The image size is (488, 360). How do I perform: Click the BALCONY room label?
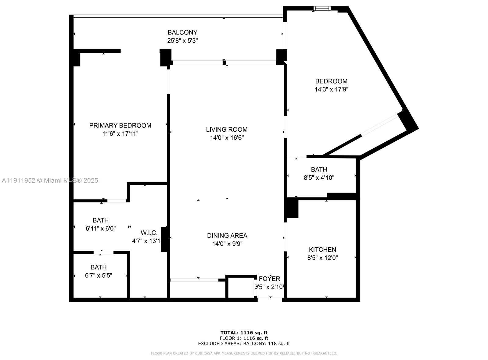182,32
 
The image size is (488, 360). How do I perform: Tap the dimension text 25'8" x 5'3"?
182,41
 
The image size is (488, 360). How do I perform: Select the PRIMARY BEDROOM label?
120,125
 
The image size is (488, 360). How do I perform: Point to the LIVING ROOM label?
227,129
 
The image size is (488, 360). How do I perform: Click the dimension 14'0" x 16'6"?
227,138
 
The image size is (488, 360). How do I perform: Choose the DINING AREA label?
227,235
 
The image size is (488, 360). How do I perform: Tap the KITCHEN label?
322,249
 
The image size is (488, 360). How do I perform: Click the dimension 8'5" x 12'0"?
322,258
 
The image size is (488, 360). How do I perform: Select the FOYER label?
269,279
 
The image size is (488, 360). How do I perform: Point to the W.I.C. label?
149,233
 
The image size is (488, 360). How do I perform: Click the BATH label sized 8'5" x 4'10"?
319,169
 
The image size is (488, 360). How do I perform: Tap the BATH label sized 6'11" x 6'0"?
101,220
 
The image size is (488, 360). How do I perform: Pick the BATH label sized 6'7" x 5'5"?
99,267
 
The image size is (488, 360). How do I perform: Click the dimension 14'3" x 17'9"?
331,90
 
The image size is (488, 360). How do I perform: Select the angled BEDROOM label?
331,81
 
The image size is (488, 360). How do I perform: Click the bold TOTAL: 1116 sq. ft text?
244,333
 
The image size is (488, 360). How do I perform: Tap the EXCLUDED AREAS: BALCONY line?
244,344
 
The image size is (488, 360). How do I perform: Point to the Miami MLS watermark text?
49,180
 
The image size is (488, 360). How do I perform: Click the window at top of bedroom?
322,8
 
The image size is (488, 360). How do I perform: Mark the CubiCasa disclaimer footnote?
244,353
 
